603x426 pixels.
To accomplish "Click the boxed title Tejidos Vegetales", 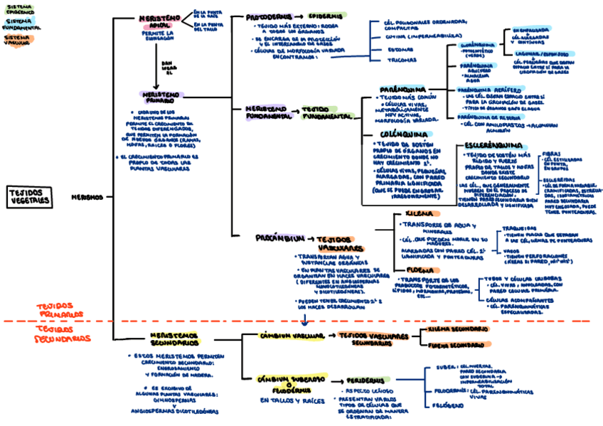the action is point(30,197).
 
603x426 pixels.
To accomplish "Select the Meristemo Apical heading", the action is point(158,21).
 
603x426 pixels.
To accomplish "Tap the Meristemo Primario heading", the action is point(163,97).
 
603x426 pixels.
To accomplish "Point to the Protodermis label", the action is point(267,16).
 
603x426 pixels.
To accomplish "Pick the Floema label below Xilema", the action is point(420,270).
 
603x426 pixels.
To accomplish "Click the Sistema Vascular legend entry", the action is point(16,40).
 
